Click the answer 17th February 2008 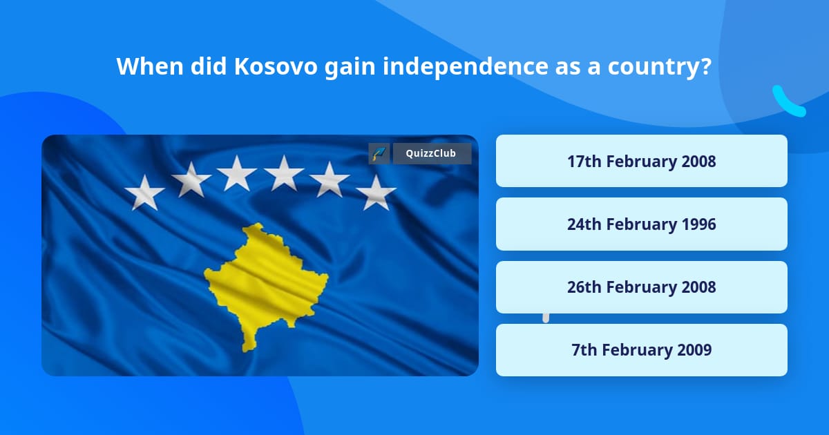pos(641,162)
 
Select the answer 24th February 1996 pos(641,224)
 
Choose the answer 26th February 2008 pos(641,287)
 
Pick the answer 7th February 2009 pos(641,350)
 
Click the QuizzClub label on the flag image pos(431,153)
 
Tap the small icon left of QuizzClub pos(379,153)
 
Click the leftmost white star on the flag pos(144,192)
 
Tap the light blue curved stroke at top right pos(788,102)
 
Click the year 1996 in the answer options pos(698,224)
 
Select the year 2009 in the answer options pos(694,350)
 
